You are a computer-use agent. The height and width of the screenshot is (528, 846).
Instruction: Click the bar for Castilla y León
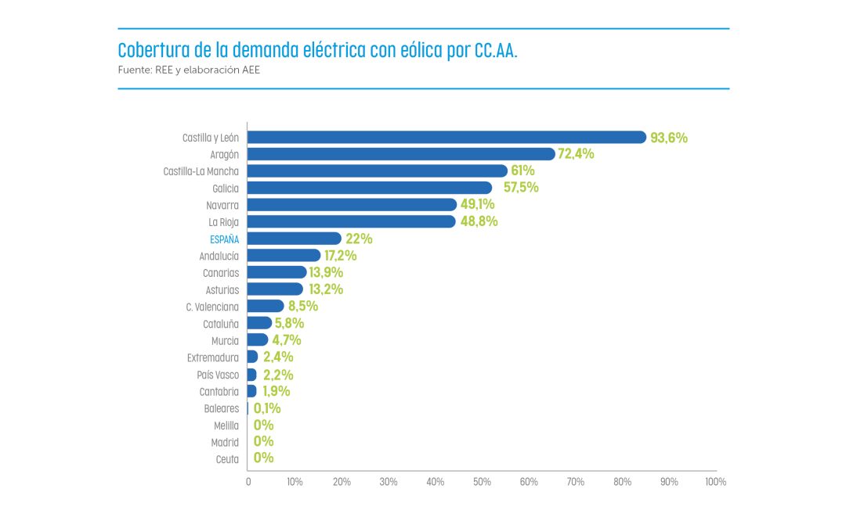(x=446, y=137)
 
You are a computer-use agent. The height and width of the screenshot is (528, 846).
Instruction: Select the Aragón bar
(x=401, y=154)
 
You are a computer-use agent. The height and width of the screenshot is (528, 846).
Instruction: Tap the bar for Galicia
(x=370, y=188)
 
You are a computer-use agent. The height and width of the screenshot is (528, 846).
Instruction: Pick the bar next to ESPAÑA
(x=295, y=239)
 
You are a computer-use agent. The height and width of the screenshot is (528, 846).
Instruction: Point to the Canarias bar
(x=277, y=272)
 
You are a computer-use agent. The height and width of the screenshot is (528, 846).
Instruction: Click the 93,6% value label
(x=669, y=138)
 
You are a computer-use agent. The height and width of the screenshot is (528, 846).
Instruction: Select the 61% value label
(x=523, y=171)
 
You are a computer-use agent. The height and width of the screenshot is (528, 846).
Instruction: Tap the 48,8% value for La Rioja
(x=479, y=221)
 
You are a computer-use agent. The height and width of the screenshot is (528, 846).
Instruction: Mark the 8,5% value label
(x=304, y=307)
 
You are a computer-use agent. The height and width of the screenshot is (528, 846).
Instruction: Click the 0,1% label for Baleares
(x=267, y=408)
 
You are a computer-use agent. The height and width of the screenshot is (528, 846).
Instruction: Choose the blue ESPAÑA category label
(x=224, y=239)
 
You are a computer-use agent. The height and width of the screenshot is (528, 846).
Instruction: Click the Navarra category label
(x=223, y=205)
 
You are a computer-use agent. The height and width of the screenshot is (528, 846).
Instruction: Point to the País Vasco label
(x=218, y=375)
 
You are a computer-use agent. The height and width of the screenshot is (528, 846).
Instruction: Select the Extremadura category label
(x=213, y=357)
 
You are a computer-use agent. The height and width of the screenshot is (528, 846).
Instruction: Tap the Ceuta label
(x=227, y=459)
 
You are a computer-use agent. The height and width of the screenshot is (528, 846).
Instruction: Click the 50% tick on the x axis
(x=482, y=482)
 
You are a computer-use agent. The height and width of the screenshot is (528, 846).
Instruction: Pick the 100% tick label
(x=715, y=482)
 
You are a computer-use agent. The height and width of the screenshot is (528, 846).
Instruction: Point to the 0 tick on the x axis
(x=248, y=482)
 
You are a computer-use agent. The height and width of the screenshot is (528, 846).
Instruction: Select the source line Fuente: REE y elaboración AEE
(x=188, y=70)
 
